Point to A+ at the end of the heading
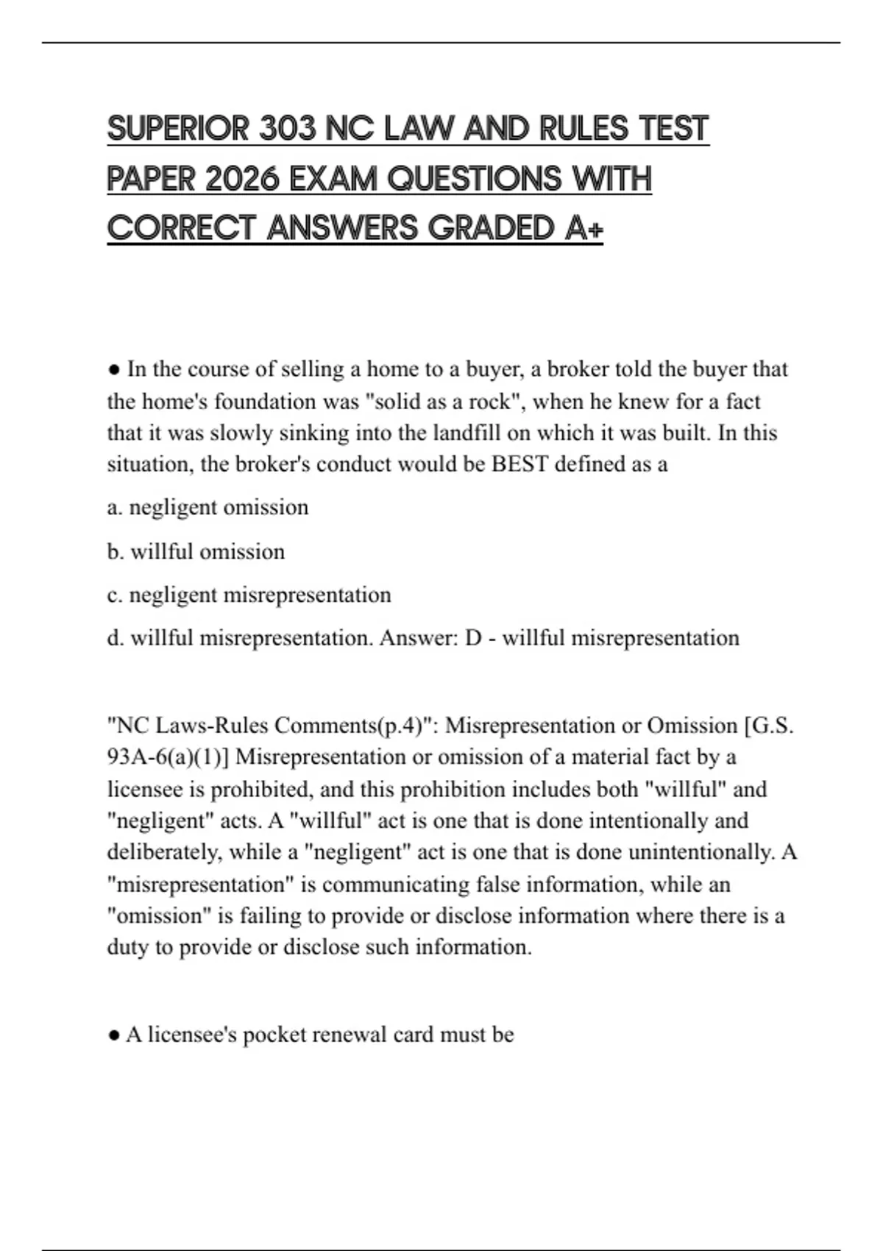[x=585, y=228]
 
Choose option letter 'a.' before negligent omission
[x=115, y=508]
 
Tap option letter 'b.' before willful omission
[x=116, y=551]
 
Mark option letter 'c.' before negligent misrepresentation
[x=115, y=595]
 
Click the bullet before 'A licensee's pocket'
[x=114, y=1035]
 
